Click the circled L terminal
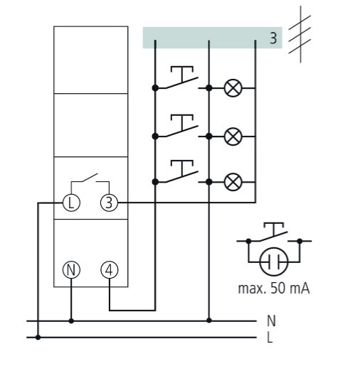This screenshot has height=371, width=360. coord(71,203)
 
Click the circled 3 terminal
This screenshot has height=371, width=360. coord(109,203)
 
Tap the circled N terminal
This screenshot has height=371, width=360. coord(71,270)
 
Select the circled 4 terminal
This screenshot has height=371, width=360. coord(109,270)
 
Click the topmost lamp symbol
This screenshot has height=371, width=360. coord(233,88)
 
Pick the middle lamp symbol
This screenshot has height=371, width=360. coord(233,136)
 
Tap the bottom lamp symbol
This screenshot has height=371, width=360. coord(233,182)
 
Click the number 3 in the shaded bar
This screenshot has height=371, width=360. coord(273,38)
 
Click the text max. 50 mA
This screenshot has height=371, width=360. coord(274,289)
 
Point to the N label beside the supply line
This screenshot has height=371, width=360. coord(271,321)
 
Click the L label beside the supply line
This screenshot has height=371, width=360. coord(270,337)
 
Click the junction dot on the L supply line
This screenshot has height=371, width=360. coord(38,337)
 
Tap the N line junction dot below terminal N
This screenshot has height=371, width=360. coord(71,321)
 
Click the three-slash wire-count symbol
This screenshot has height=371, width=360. coord(300,34)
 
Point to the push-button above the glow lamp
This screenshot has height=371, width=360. coord(274,233)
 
